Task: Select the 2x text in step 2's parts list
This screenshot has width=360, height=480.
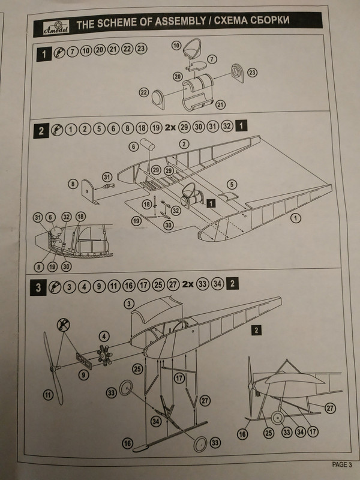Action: tap(169, 127)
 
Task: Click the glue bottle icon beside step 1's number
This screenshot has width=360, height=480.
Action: tap(59, 50)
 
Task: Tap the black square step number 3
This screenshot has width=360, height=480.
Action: tap(40, 286)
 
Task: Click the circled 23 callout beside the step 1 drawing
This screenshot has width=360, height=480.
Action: tap(252, 73)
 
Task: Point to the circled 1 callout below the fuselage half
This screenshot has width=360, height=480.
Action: tap(295, 219)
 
